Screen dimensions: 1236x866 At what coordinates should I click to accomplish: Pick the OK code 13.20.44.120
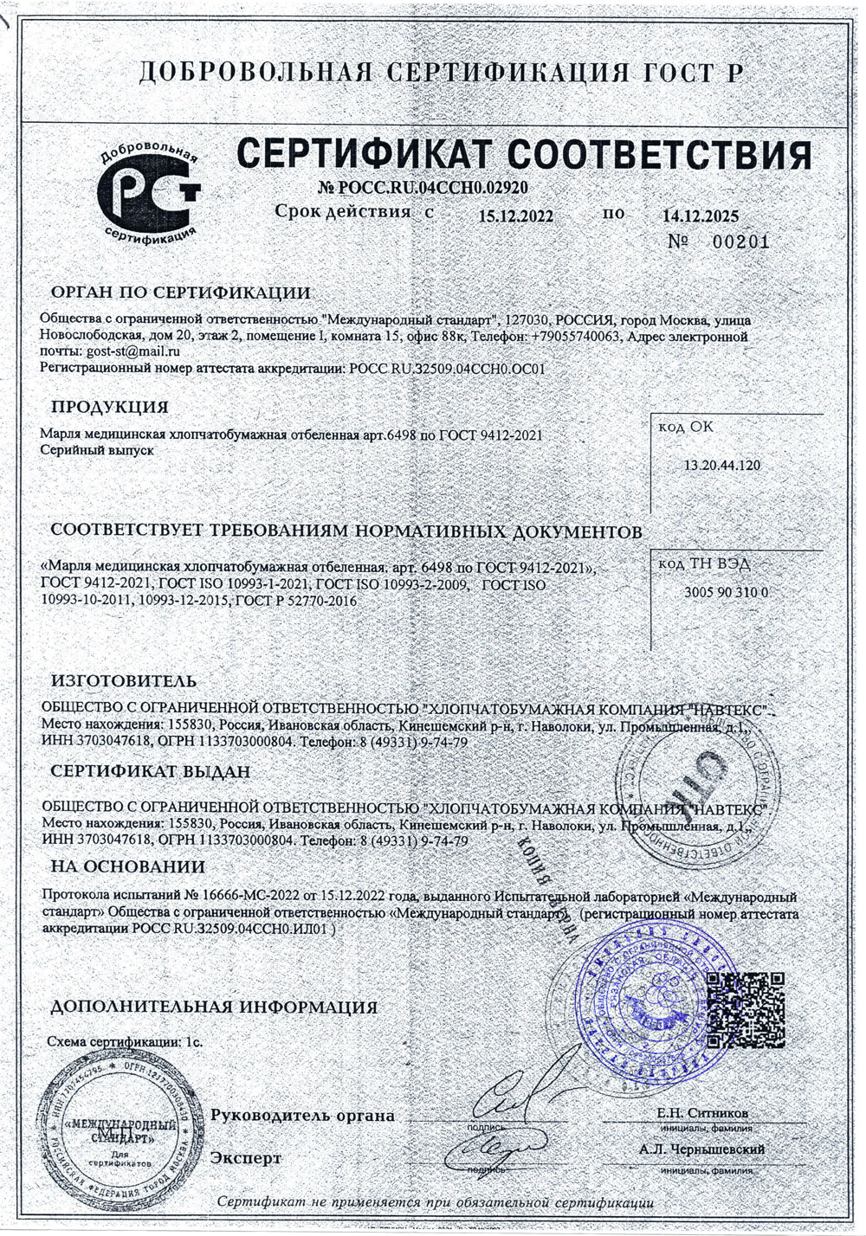722,466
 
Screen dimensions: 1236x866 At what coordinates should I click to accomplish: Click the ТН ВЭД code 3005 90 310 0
726,593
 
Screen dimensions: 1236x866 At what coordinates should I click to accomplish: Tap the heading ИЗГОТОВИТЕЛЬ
124,682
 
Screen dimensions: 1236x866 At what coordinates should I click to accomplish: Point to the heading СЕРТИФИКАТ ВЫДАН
150,771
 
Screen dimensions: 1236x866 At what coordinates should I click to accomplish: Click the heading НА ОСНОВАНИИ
128,866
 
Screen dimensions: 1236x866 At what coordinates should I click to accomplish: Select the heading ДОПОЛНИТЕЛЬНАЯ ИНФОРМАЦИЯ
214,1007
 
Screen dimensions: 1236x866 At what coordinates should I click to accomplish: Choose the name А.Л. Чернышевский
701,1150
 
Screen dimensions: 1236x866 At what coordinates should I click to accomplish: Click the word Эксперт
247,1158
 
